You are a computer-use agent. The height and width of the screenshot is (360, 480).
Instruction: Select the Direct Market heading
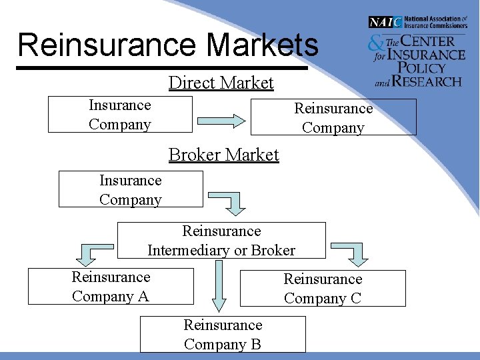tap(221, 83)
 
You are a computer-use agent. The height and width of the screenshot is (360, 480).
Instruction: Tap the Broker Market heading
tap(223, 155)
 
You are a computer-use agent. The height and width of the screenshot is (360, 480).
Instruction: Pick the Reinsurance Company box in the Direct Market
tap(333, 117)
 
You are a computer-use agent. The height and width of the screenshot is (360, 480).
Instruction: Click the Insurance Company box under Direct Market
tap(120, 115)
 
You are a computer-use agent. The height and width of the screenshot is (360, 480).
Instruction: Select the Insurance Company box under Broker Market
tap(131, 189)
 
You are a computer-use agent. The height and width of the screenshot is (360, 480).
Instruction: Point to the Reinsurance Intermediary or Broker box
tap(221, 241)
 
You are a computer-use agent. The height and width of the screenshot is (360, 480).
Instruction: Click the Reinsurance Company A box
tap(111, 286)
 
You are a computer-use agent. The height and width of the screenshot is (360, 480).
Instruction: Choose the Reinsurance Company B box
tap(223, 334)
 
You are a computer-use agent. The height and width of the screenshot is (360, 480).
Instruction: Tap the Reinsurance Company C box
tap(323, 288)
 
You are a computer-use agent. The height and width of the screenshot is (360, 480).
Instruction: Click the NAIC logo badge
tap(385, 22)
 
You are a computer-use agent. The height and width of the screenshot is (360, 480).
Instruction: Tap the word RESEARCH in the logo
tap(427, 81)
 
